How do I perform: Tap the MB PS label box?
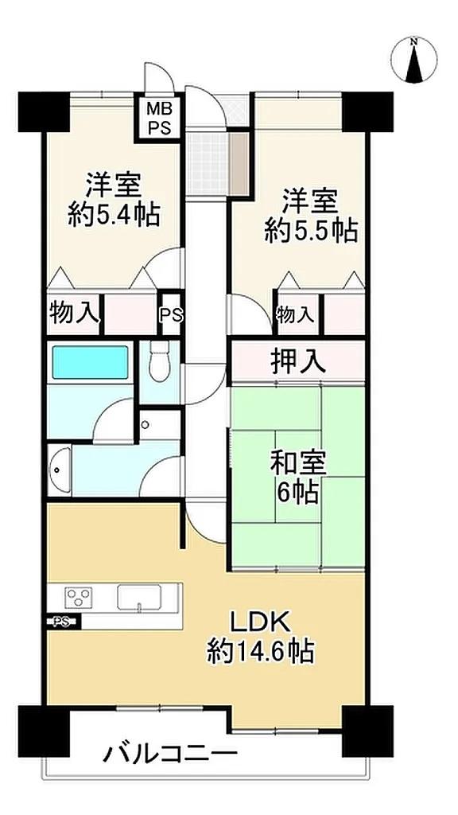(159, 118)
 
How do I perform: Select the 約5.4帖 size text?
(114, 213)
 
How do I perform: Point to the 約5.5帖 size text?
(311, 230)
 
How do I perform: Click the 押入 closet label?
(298, 362)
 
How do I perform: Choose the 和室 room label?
(298, 462)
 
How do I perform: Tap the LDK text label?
(260, 621)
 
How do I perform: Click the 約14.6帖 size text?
(260, 649)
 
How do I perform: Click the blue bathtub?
(90, 362)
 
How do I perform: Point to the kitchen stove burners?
(79, 596)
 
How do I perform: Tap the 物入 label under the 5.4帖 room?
(73, 314)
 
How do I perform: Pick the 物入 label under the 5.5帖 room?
(295, 314)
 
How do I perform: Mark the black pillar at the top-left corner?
(44, 111)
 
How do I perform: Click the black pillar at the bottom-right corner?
(367, 731)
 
